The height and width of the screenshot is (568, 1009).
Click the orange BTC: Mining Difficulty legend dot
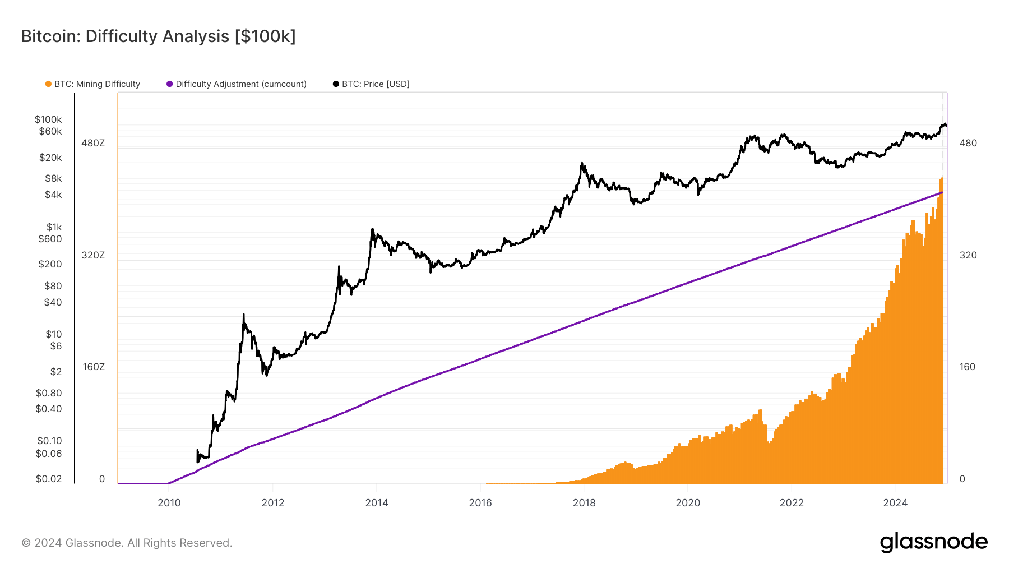[48, 84]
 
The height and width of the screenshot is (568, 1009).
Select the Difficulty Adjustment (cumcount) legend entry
[240, 84]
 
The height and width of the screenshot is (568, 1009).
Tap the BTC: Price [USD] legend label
[375, 84]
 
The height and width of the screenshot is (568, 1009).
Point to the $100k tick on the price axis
[48, 119]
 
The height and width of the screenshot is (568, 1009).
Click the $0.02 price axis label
[49, 479]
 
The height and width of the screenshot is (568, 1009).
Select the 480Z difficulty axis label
[93, 143]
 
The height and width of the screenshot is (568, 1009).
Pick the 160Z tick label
[94, 367]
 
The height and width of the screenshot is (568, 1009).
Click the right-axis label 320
[968, 255]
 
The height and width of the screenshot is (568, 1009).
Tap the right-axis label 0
[962, 479]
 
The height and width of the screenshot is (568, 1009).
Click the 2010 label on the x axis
[169, 503]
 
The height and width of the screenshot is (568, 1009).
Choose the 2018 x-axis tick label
[584, 503]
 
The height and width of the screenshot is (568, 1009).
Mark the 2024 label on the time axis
[895, 503]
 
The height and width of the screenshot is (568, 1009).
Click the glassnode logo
[933, 542]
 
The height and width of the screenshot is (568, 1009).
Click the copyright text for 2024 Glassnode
[127, 543]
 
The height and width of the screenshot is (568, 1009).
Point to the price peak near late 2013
[372, 229]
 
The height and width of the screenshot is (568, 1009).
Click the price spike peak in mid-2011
[243, 315]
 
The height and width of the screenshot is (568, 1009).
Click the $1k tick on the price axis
[54, 227]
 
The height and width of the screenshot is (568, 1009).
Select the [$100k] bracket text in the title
[265, 36]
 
